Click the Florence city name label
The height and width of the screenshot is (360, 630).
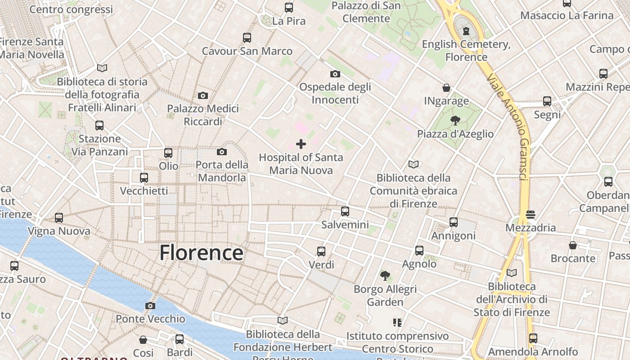(201, 253)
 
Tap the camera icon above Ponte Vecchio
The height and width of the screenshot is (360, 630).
(150, 306)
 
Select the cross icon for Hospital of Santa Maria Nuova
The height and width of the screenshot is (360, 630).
(301, 144)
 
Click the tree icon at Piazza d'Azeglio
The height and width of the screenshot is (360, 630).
(455, 120)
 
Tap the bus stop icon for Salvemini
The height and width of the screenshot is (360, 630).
(345, 211)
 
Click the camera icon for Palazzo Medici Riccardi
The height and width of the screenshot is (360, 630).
(203, 95)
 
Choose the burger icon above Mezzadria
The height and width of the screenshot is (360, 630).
(531, 214)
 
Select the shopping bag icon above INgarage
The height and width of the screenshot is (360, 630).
(446, 87)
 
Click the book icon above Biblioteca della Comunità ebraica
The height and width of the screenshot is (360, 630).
(414, 164)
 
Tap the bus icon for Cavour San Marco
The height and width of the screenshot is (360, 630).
(247, 38)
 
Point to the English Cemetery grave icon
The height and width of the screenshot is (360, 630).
(466, 31)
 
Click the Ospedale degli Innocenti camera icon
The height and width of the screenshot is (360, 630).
(335, 74)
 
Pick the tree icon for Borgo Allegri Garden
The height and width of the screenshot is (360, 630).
(385, 275)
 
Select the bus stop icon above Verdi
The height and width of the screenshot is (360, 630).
(321, 252)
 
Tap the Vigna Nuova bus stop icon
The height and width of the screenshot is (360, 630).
(59, 218)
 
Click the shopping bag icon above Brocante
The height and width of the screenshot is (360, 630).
(573, 245)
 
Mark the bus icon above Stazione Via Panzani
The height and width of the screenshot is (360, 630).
(99, 126)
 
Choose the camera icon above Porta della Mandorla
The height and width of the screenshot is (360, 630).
(222, 152)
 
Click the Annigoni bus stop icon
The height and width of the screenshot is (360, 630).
(454, 222)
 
